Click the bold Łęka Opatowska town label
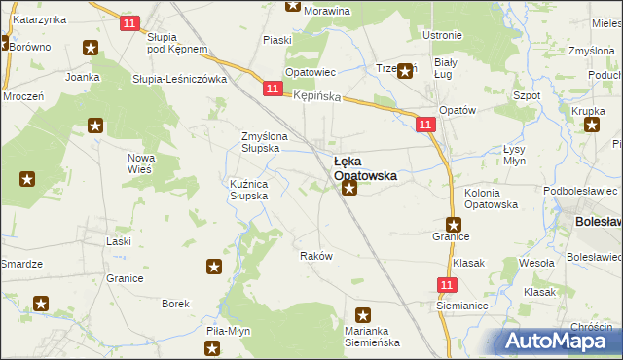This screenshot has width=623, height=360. [364, 168]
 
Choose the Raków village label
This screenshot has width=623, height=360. [316, 256]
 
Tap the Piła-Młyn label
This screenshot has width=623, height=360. [229, 331]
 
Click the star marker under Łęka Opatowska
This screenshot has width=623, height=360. [349, 188]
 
